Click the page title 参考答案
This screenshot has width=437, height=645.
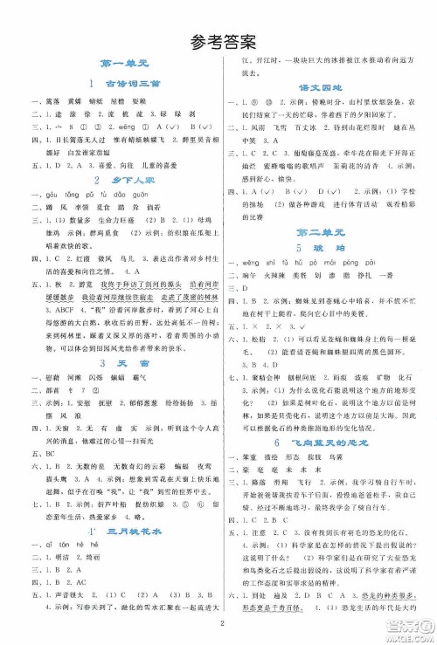click(x=218, y=40)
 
